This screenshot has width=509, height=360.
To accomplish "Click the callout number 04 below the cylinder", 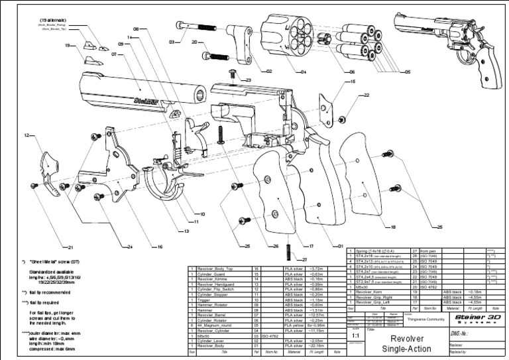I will [x=302, y=71].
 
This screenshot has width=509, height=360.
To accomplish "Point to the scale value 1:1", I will [x=357, y=335].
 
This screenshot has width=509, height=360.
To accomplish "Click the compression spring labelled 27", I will [x=288, y=250].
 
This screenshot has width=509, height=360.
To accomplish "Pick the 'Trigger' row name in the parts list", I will [x=199, y=300].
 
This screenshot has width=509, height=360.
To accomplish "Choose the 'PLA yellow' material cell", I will [x=294, y=326].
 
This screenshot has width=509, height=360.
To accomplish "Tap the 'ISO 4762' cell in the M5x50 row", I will [x=271, y=336].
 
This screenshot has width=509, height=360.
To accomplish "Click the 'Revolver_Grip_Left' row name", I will [x=375, y=302].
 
